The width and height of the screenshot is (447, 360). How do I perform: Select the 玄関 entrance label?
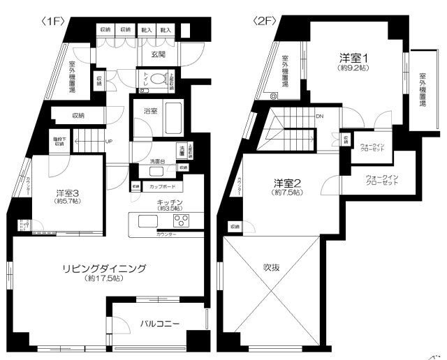coord(159,54)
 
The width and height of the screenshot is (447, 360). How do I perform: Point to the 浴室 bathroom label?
coord(152,110)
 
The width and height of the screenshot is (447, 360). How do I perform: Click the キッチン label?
coord(170,200)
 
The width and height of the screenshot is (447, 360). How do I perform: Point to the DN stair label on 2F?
coord(319,117)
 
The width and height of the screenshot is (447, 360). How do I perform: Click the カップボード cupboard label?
coord(162,187)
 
